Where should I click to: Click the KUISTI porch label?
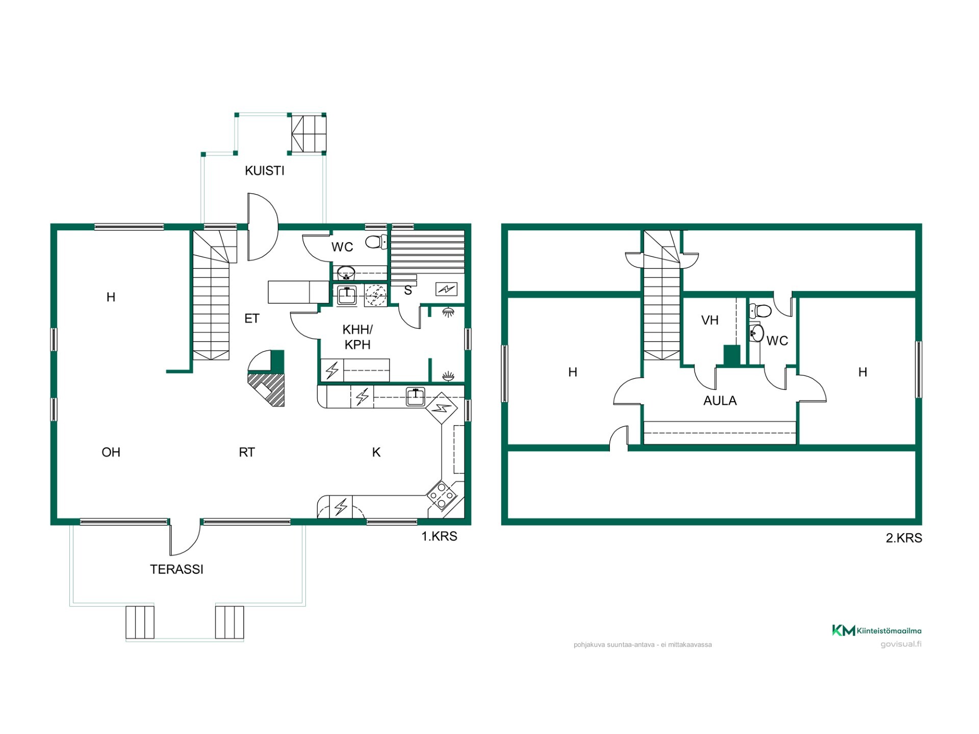tap(264, 171)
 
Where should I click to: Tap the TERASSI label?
tap(176, 569)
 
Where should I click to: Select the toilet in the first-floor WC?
tap(376, 242)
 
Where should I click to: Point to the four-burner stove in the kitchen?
tap(442, 495)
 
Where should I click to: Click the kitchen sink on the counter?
tap(416, 397)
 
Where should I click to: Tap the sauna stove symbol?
tap(447, 290)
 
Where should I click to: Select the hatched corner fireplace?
tap(266, 378)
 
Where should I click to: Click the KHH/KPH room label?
tap(357, 337)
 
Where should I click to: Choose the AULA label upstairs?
tap(720, 401)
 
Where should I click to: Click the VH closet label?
tap(710, 320)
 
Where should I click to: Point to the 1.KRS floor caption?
tap(439, 536)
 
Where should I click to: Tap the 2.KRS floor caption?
tap(904, 538)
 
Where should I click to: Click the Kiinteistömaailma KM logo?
tap(877, 631)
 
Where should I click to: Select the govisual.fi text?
tap(901, 644)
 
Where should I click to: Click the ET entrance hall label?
tap(252, 319)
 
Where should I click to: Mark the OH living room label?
tap(111, 452)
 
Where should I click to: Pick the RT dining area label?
tap(247, 452)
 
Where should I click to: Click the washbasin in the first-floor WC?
tap(347, 272)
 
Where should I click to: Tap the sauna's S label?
tap(408, 291)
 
